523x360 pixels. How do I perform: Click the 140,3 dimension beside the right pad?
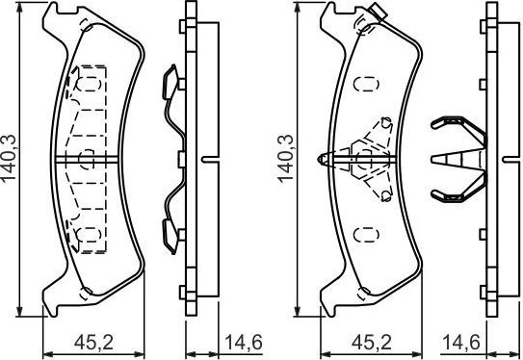285,154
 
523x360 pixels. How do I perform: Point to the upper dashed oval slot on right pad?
364,84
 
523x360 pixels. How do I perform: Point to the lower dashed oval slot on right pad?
364,232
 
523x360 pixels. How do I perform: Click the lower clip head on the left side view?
170,230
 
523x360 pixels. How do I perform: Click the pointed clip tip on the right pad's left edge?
321,156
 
